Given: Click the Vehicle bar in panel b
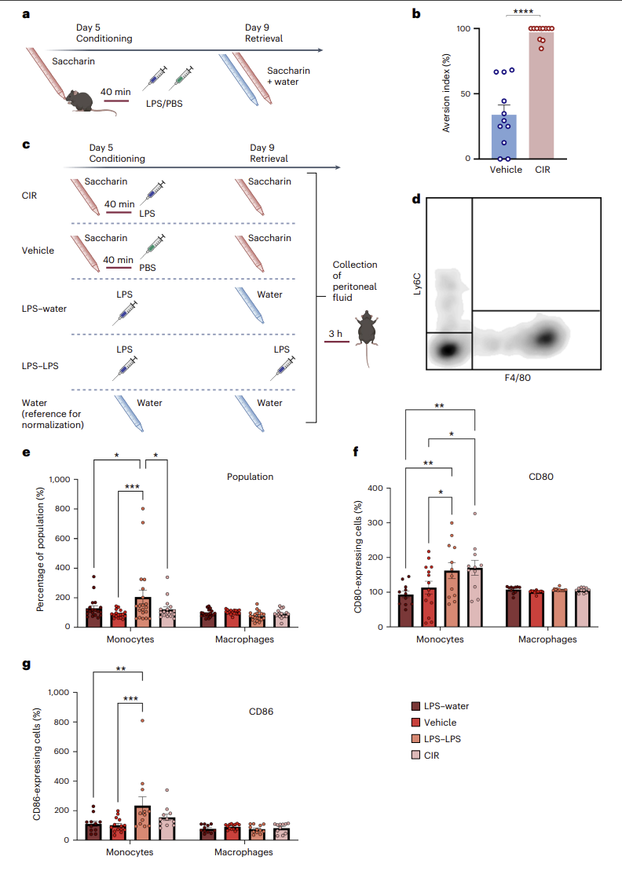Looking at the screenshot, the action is (503, 137).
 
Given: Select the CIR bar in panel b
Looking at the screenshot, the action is (541, 93).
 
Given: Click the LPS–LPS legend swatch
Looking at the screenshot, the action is (415, 739).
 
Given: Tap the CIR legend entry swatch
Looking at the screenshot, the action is (415, 755).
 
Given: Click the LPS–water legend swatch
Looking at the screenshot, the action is (415, 706).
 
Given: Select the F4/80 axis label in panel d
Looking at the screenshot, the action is (517, 378).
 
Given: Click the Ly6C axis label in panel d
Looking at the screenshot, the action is (417, 284).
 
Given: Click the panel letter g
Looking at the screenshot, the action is (26, 665).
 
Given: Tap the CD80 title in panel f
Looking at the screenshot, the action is (541, 477).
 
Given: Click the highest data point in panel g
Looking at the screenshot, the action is (142, 720).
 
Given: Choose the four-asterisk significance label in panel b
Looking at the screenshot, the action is (523, 11).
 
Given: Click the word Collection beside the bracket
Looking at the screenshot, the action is (355, 265).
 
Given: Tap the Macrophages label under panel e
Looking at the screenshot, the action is (244, 639).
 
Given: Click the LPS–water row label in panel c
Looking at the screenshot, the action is (44, 309).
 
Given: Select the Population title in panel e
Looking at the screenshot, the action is (250, 477).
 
